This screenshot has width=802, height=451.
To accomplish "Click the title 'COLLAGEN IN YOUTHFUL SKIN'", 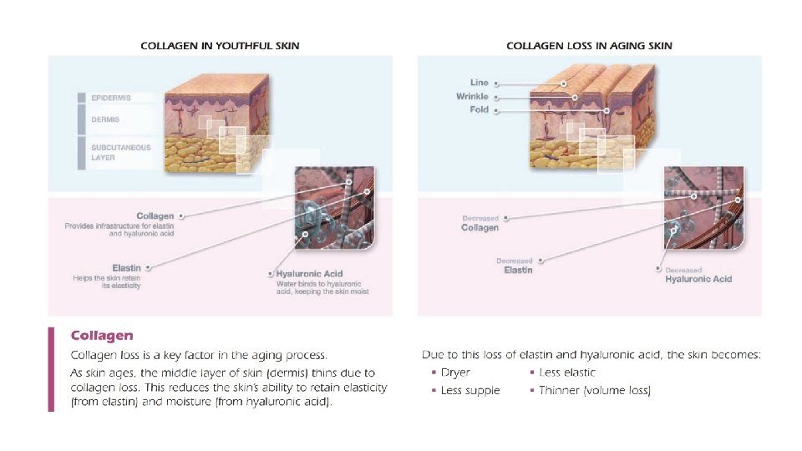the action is click(220, 45).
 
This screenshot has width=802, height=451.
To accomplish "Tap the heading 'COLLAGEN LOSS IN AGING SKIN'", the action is click(589, 45).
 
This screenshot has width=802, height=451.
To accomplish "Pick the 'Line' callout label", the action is click(479, 83).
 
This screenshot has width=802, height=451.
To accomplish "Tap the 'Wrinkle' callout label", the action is click(472, 97).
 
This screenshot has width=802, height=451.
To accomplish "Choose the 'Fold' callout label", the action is click(479, 110).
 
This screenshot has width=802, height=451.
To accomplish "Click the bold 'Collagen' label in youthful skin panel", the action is click(155, 216).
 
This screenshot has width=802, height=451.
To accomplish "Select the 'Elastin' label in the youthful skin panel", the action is click(126, 268).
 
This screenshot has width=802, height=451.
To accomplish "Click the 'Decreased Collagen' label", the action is click(480, 227).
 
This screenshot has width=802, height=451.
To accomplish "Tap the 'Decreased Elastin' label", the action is click(517, 270).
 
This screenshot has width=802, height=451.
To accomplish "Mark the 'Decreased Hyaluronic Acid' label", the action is click(698, 279).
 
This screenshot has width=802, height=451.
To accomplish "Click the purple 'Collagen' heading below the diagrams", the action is click(102, 336).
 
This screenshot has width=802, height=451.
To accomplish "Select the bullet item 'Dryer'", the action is click(455, 372).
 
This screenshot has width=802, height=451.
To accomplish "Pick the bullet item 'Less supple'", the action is click(470, 391).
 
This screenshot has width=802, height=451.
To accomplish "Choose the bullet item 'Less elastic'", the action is click(567, 372).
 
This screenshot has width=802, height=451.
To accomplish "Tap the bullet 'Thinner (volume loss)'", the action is click(594, 391).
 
